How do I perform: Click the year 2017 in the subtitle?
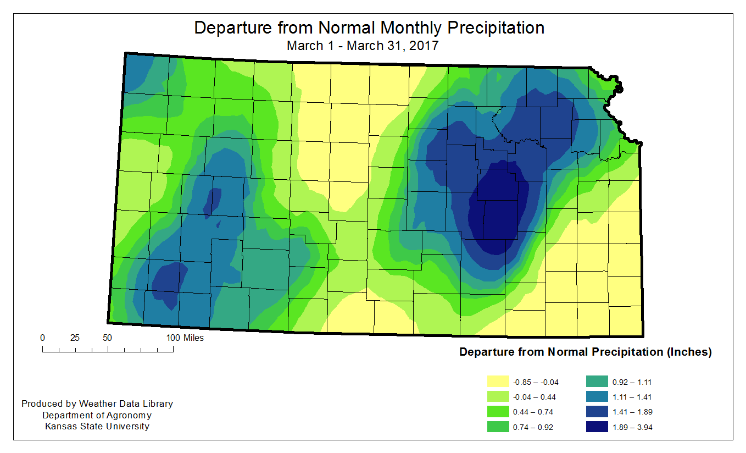[424, 46]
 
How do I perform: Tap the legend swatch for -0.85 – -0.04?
[498, 382]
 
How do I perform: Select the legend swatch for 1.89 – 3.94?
[597, 427]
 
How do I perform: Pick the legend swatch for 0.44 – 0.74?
[498, 412]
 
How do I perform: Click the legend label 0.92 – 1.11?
[632, 382]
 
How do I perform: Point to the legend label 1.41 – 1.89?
[632, 412]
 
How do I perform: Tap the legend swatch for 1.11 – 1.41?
[597, 396]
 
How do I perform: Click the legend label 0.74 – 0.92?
[533, 427]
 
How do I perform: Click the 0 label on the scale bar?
[42, 338]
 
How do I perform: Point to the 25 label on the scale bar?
[75, 338]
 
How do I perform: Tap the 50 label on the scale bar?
[107, 338]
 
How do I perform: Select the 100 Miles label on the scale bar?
[185, 338]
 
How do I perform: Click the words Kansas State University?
[97, 426]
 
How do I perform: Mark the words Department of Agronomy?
[97, 415]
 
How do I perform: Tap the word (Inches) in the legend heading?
[689, 352]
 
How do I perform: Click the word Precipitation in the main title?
[496, 28]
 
